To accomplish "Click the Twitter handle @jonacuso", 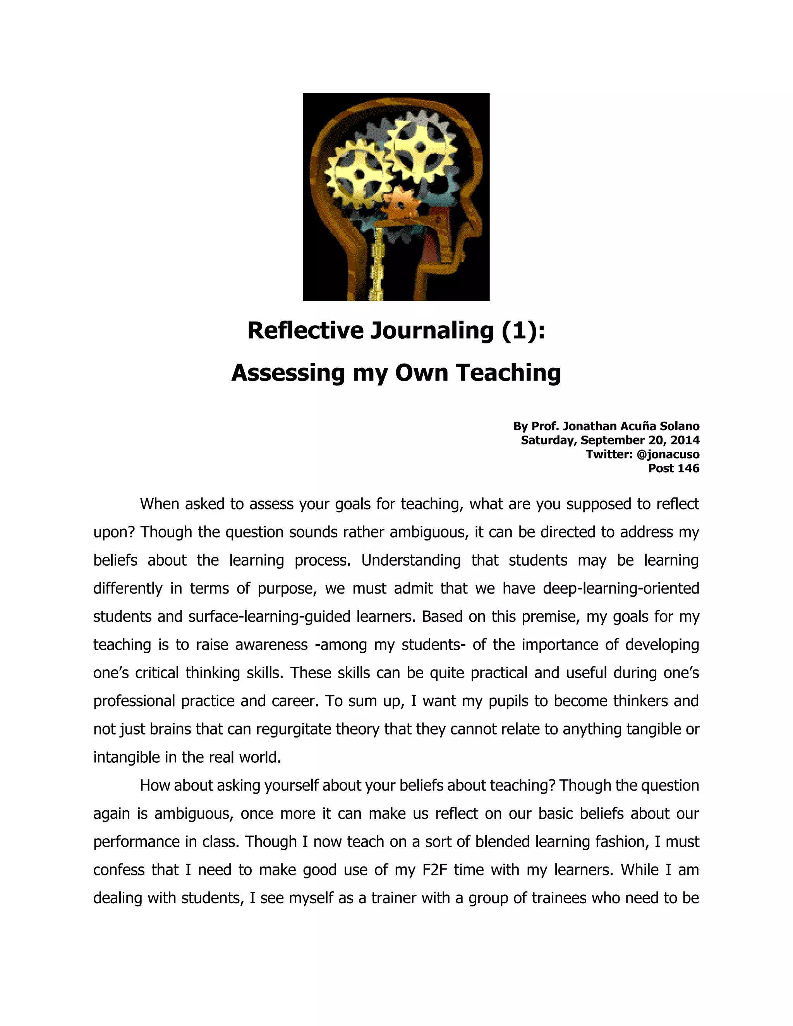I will pos(668,454).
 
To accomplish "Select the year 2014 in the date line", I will pos(685,440).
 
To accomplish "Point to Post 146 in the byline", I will pos(674,468).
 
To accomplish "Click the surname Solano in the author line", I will pos(679,426).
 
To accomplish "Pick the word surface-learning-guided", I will pos(269,616).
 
